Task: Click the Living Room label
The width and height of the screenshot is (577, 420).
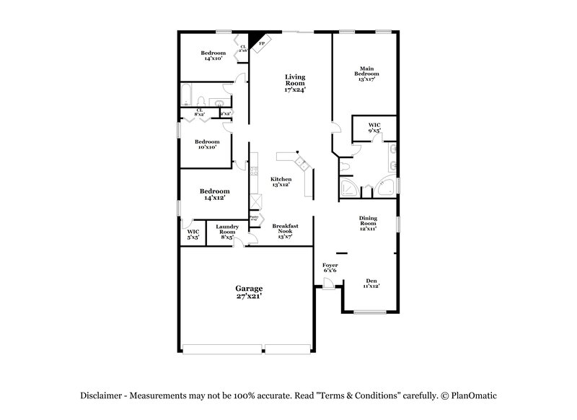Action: (x=294, y=84)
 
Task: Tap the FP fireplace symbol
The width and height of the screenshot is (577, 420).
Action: (x=260, y=42)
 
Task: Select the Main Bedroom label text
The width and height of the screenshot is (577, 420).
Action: (x=366, y=74)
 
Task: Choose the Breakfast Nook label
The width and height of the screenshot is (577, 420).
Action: (x=285, y=229)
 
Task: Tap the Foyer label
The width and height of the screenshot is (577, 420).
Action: (x=330, y=268)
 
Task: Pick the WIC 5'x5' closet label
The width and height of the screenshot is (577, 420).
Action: (x=193, y=234)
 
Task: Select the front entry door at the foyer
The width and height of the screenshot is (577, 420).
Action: (x=328, y=287)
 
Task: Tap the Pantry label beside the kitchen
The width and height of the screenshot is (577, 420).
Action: (x=253, y=217)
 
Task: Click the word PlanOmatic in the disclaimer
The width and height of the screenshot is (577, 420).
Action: (x=473, y=395)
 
